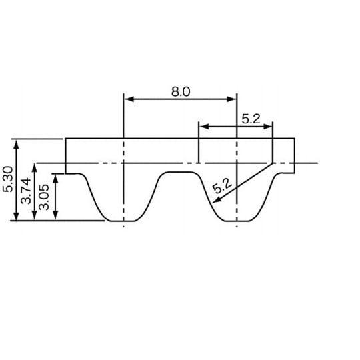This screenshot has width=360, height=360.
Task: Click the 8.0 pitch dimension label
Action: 180,92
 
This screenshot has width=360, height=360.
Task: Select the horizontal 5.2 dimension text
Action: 251,119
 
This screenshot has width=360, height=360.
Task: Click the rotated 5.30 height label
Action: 8,179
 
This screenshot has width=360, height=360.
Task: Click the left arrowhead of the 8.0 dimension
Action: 127,99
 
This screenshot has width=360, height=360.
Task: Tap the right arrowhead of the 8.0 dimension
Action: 233,99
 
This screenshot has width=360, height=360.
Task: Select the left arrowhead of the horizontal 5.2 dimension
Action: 202,125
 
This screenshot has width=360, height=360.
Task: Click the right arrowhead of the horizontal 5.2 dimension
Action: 269,125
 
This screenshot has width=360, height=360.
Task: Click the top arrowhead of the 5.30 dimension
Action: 17,141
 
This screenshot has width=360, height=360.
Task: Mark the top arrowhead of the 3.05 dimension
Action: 55,177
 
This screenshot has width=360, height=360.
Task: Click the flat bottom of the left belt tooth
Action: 123,221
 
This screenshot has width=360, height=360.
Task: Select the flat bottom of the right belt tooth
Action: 237,221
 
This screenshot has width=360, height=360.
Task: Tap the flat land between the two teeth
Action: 180,173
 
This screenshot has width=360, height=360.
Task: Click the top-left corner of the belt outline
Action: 65,139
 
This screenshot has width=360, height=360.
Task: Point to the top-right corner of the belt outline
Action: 295,139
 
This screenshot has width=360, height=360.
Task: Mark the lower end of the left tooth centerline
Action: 123,227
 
